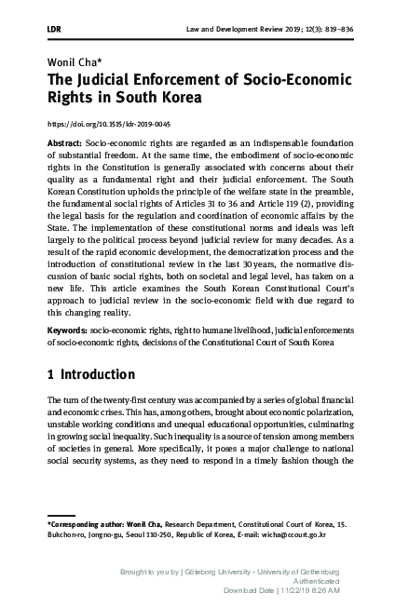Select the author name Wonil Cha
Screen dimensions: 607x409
tap(70, 60)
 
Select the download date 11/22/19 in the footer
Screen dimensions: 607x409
tap(285, 590)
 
